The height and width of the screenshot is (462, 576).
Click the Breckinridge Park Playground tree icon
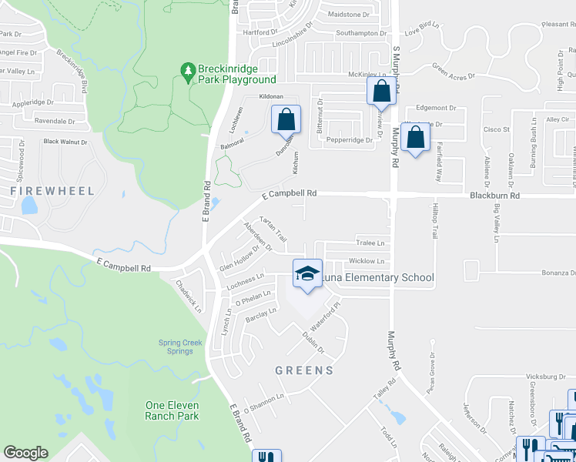[187, 72]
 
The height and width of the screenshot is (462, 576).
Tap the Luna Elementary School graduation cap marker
[306, 273]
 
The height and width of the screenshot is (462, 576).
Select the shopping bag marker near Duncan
[285, 119]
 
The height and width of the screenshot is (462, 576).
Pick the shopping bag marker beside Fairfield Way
[415, 138]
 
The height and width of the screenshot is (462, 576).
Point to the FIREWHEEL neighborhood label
[53, 190]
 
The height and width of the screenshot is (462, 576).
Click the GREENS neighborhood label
[305, 370]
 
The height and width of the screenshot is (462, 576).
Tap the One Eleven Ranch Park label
[172, 410]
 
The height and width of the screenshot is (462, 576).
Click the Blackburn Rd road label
[494, 196]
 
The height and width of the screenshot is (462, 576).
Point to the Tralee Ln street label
[369, 243]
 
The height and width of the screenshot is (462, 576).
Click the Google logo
[25, 453]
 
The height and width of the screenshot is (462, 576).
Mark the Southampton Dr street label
[360, 33]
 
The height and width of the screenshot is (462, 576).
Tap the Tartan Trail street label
[274, 229]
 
